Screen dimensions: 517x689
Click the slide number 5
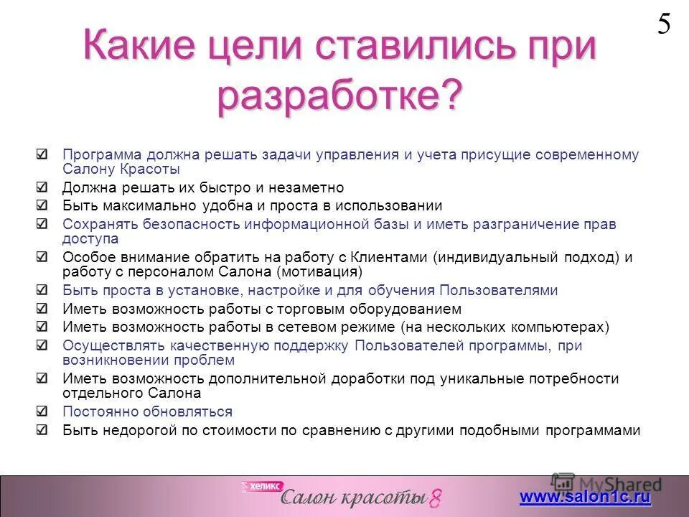664,24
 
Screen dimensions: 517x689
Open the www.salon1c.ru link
585,497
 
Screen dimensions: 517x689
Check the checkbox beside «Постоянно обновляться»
43,411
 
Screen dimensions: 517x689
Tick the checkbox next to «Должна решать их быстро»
43,187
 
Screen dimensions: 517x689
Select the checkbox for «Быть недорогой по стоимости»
43,430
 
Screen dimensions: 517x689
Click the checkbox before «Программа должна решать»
43,154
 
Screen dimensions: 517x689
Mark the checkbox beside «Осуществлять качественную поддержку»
43,345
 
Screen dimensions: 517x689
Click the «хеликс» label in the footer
263,486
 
